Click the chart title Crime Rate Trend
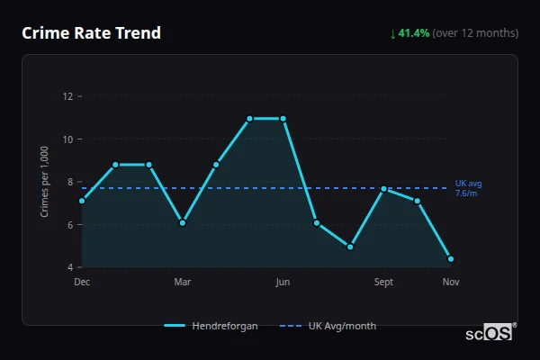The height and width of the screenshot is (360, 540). click(x=92, y=33)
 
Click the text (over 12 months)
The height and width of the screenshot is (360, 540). click(x=475, y=33)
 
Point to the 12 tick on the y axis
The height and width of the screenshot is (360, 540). click(x=68, y=96)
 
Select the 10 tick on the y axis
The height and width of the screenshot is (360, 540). click(x=68, y=139)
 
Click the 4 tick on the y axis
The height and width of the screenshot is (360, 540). click(x=70, y=267)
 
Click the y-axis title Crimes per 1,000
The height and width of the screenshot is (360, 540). click(x=45, y=182)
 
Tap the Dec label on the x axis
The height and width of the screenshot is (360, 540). click(x=82, y=283)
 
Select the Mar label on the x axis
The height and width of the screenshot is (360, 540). click(x=183, y=283)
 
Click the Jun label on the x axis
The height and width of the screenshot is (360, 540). click(x=283, y=283)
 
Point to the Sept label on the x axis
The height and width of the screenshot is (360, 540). click(x=383, y=283)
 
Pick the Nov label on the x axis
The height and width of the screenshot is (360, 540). click(x=451, y=283)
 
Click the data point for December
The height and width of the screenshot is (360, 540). click(x=82, y=201)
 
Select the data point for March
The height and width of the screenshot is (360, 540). click(x=183, y=222)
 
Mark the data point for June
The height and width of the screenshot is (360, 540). click(x=283, y=118)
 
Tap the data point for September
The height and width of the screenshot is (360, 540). click(x=383, y=189)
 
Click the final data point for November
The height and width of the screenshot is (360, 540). click(x=451, y=258)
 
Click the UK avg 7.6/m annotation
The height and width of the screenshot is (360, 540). click(x=467, y=188)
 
